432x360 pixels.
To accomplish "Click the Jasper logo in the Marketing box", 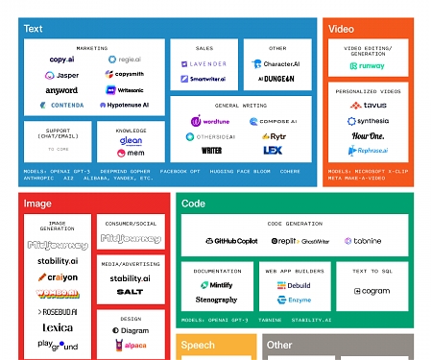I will click(63, 74).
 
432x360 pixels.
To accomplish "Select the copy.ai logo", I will click(63, 60).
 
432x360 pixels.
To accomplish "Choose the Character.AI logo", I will click(278, 64).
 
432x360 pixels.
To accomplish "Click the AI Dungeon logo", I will click(276, 79).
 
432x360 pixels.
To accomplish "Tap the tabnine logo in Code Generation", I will click(362, 241).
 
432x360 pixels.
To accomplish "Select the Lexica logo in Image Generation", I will click(56, 327).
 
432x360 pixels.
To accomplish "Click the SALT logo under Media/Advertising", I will click(131, 291).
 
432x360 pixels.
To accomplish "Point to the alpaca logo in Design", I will click(131, 344).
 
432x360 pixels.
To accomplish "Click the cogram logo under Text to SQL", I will click(371, 292).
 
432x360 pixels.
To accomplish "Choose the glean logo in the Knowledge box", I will click(132, 140).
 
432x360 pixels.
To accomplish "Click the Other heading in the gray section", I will click(279, 345).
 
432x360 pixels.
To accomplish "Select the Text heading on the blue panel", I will click(33, 29).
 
